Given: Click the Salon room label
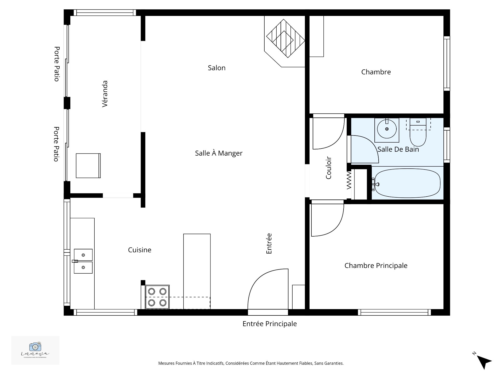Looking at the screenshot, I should tap(216, 68).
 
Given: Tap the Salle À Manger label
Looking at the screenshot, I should tap(219, 153).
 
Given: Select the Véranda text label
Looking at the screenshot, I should tap(105, 94).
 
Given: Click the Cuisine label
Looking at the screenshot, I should tap(140, 250).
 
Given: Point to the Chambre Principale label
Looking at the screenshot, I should tap(376, 266).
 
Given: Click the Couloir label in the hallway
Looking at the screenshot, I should tap(328, 168).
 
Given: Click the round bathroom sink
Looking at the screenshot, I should tap(387, 129).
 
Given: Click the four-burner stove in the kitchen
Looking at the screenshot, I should tap(157, 297).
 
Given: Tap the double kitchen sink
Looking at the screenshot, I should tap(83, 261).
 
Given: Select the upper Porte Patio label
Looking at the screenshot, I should tap(57, 64).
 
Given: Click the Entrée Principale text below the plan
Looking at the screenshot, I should tap(270, 324).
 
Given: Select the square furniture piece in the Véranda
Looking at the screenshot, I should tap(88, 166).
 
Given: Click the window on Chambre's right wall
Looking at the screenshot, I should tap(447, 63).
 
